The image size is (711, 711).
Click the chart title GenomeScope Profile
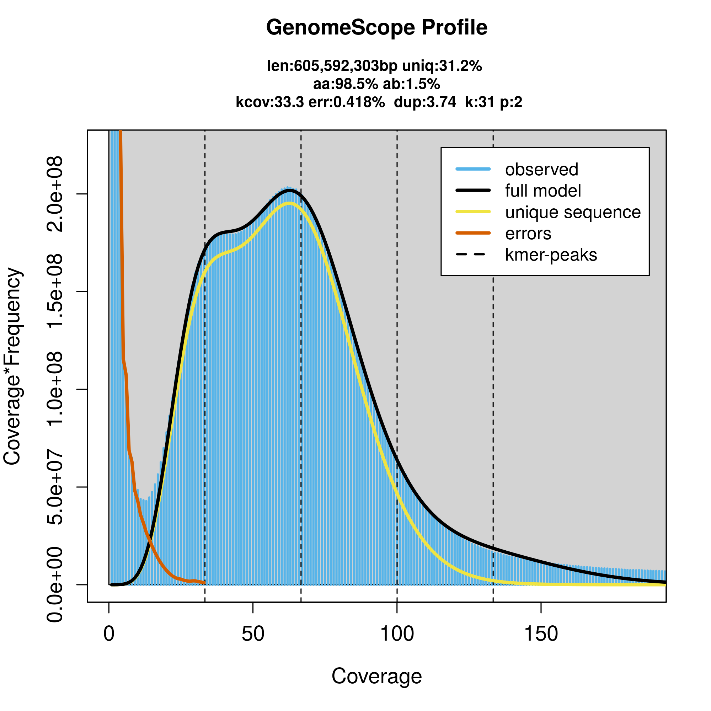click(x=376, y=28)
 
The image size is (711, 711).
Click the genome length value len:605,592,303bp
click(x=332, y=66)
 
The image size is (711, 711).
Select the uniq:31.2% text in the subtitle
click(x=442, y=66)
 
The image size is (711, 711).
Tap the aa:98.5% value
click(x=345, y=84)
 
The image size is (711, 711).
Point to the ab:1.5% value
click(x=411, y=84)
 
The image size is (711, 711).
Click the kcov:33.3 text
click(x=270, y=102)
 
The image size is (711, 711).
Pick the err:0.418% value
click(x=347, y=102)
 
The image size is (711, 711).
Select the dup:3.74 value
click(x=425, y=102)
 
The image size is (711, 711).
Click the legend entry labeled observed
click(x=541, y=170)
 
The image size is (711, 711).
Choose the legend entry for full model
click(x=543, y=191)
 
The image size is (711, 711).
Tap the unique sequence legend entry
click(x=573, y=212)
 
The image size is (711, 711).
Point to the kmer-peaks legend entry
click(x=551, y=255)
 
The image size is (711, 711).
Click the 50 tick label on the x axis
click(x=253, y=634)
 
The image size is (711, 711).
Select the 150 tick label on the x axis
click(x=541, y=634)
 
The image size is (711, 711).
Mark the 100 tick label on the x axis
click(x=397, y=634)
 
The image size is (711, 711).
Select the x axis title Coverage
click(x=376, y=677)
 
